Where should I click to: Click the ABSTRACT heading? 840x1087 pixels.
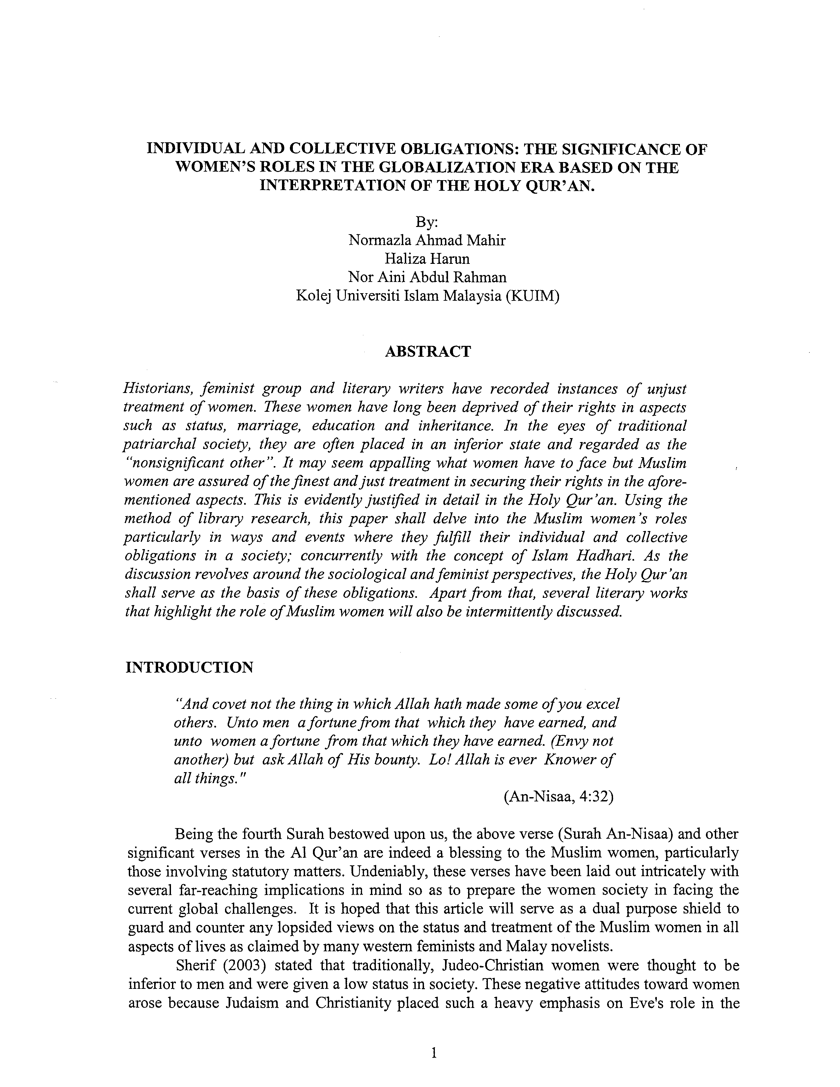point(428,352)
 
